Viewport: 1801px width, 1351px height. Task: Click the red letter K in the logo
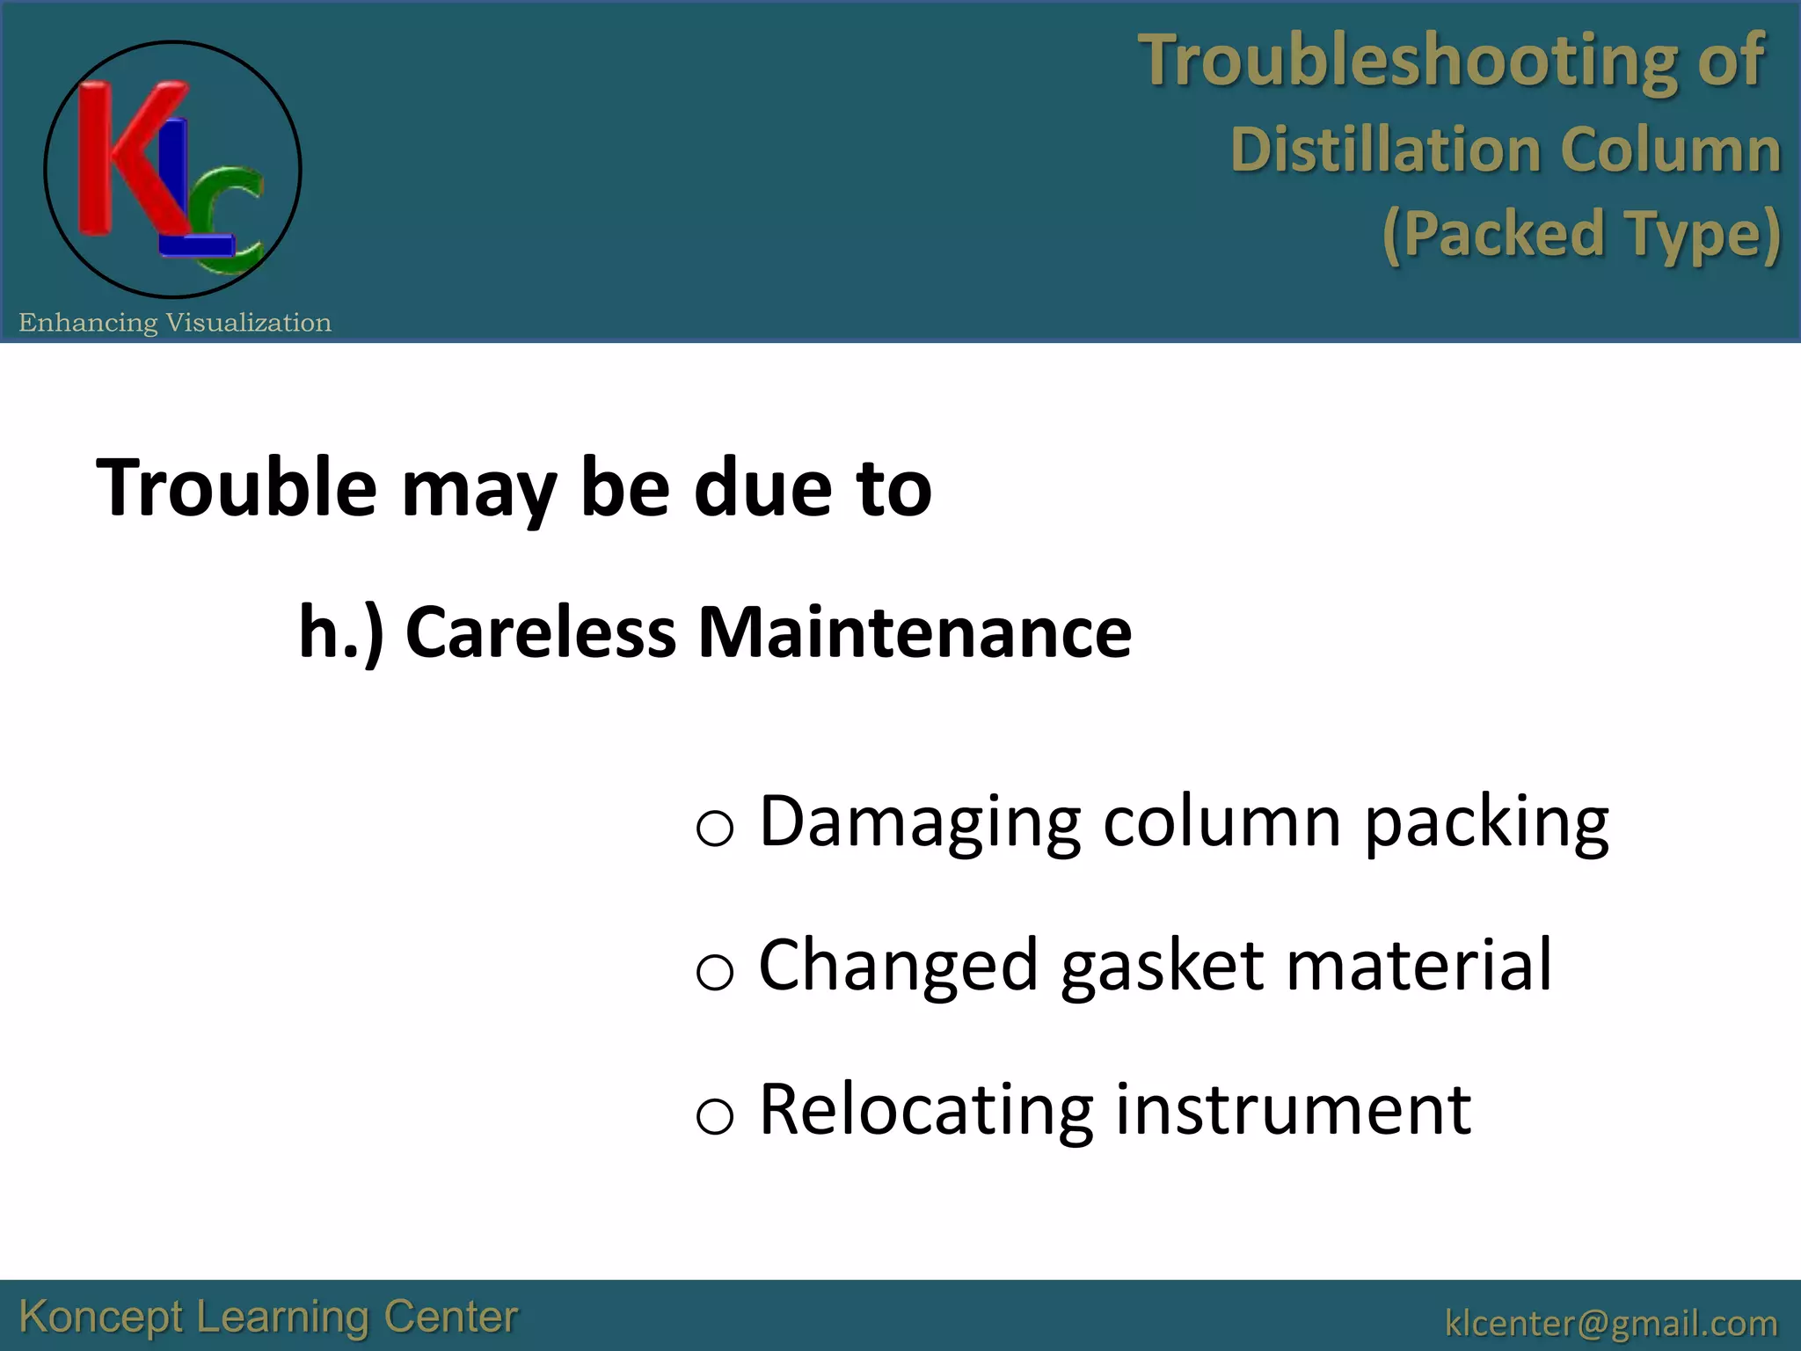click(x=123, y=158)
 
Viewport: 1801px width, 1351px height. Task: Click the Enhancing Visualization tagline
click(x=175, y=323)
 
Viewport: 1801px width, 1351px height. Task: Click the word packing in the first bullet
click(x=1486, y=822)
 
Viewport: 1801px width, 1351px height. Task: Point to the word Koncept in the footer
click(x=101, y=1318)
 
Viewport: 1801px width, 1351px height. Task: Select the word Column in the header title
click(x=1671, y=150)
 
